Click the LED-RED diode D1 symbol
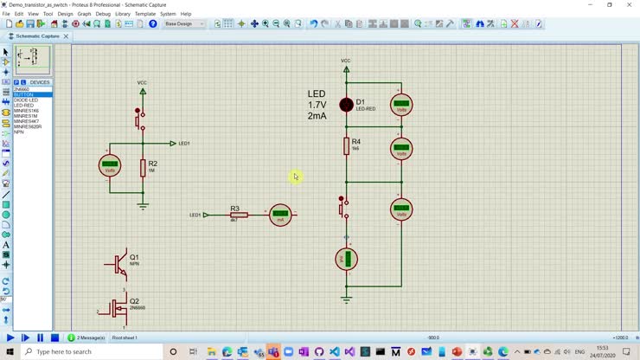[346, 105]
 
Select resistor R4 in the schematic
[346, 145]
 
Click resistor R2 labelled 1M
[143, 167]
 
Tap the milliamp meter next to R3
[280, 215]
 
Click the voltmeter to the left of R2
[110, 166]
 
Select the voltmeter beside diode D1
[401, 106]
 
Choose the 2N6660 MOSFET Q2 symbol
[118, 307]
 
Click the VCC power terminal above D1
[346, 67]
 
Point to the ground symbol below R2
[143, 206]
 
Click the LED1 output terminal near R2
[174, 143]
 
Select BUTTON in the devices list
[24, 94]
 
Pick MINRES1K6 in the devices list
[27, 111]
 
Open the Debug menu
[103, 14]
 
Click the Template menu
[145, 14]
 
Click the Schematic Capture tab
[37, 36]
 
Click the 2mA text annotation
[317, 115]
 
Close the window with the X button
[629, 4]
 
